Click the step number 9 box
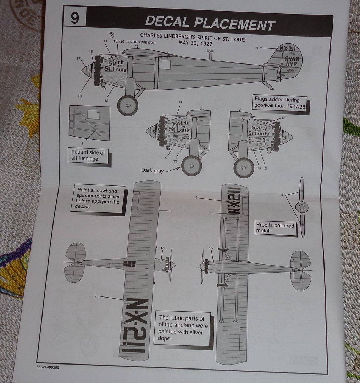[74, 18]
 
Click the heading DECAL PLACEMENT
[210, 24]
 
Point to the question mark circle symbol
[111, 35]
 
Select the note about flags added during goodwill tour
[279, 103]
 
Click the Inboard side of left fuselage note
[87, 155]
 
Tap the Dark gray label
[153, 171]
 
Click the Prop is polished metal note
[275, 228]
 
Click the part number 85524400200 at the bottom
[48, 367]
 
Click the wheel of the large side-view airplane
[127, 105]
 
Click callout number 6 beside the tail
[257, 47]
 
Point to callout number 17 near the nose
[78, 59]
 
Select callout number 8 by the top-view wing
[95, 295]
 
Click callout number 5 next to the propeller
[282, 194]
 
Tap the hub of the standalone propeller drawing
[301, 207]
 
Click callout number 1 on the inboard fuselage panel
[82, 143]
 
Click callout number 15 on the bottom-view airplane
[211, 248]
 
